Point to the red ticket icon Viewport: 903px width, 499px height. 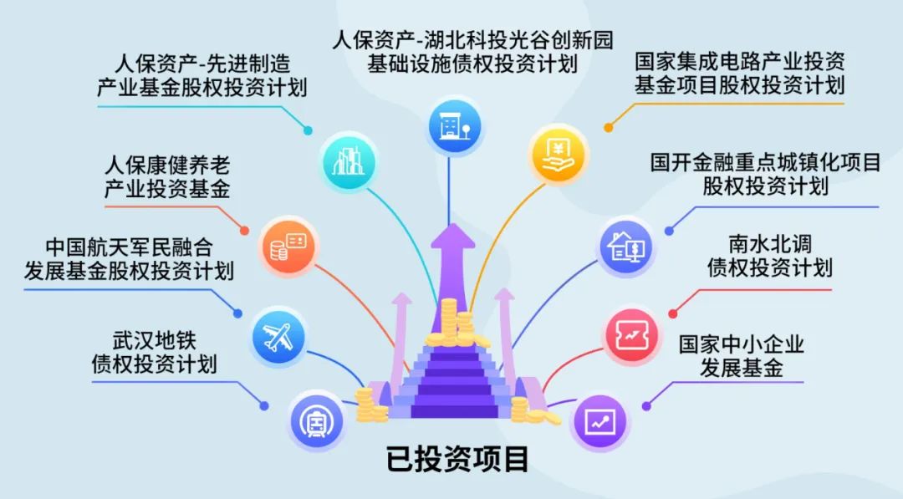coord(632,335)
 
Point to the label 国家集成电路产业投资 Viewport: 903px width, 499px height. coord(739,61)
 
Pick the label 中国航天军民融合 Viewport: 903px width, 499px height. coord(130,247)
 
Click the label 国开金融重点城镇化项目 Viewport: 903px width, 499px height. coord(765,162)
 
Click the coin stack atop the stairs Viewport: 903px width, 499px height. coord(451,322)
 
